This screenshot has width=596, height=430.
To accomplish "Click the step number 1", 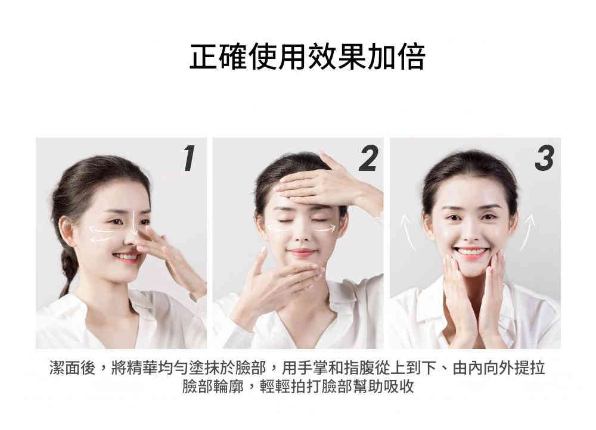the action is (x=189, y=158).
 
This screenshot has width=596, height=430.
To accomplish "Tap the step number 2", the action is (x=368, y=158).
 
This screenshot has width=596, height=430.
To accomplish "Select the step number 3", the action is (x=545, y=158).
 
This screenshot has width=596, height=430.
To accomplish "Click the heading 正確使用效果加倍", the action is (x=307, y=57).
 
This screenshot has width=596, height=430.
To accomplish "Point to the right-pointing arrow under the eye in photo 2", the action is (x=325, y=229).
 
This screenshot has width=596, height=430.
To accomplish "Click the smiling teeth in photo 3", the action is (x=471, y=251).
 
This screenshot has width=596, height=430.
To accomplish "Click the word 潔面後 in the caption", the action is (x=72, y=367).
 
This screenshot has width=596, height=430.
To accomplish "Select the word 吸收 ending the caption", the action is (x=399, y=387).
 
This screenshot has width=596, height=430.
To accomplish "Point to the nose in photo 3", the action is (x=470, y=231).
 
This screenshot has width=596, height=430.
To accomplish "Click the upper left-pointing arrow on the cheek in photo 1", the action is (x=102, y=229).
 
